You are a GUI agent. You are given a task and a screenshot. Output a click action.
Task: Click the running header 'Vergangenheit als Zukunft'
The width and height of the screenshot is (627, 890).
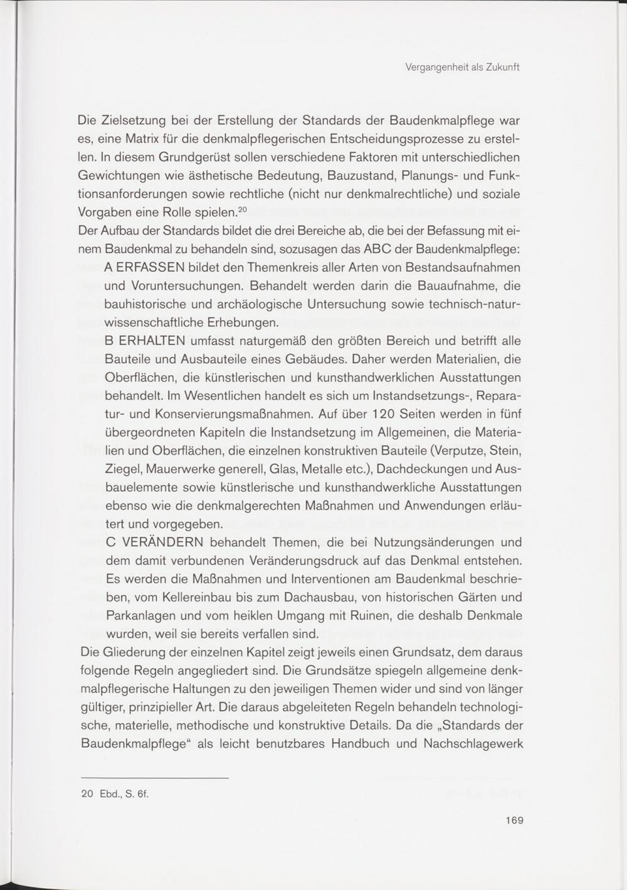465,68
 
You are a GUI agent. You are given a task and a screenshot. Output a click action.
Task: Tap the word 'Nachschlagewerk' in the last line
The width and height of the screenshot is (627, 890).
473,743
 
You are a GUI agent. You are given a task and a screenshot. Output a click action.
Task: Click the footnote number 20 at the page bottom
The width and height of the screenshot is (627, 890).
87,793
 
